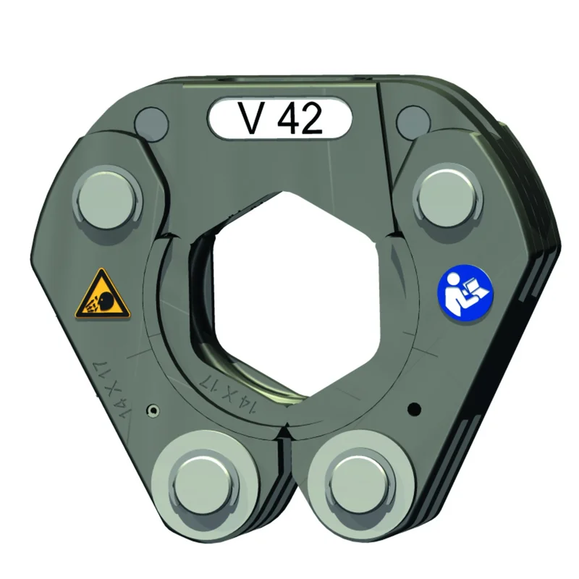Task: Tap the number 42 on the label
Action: pyautogui.click(x=300, y=118)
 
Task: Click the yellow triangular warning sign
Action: pyautogui.click(x=103, y=295)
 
